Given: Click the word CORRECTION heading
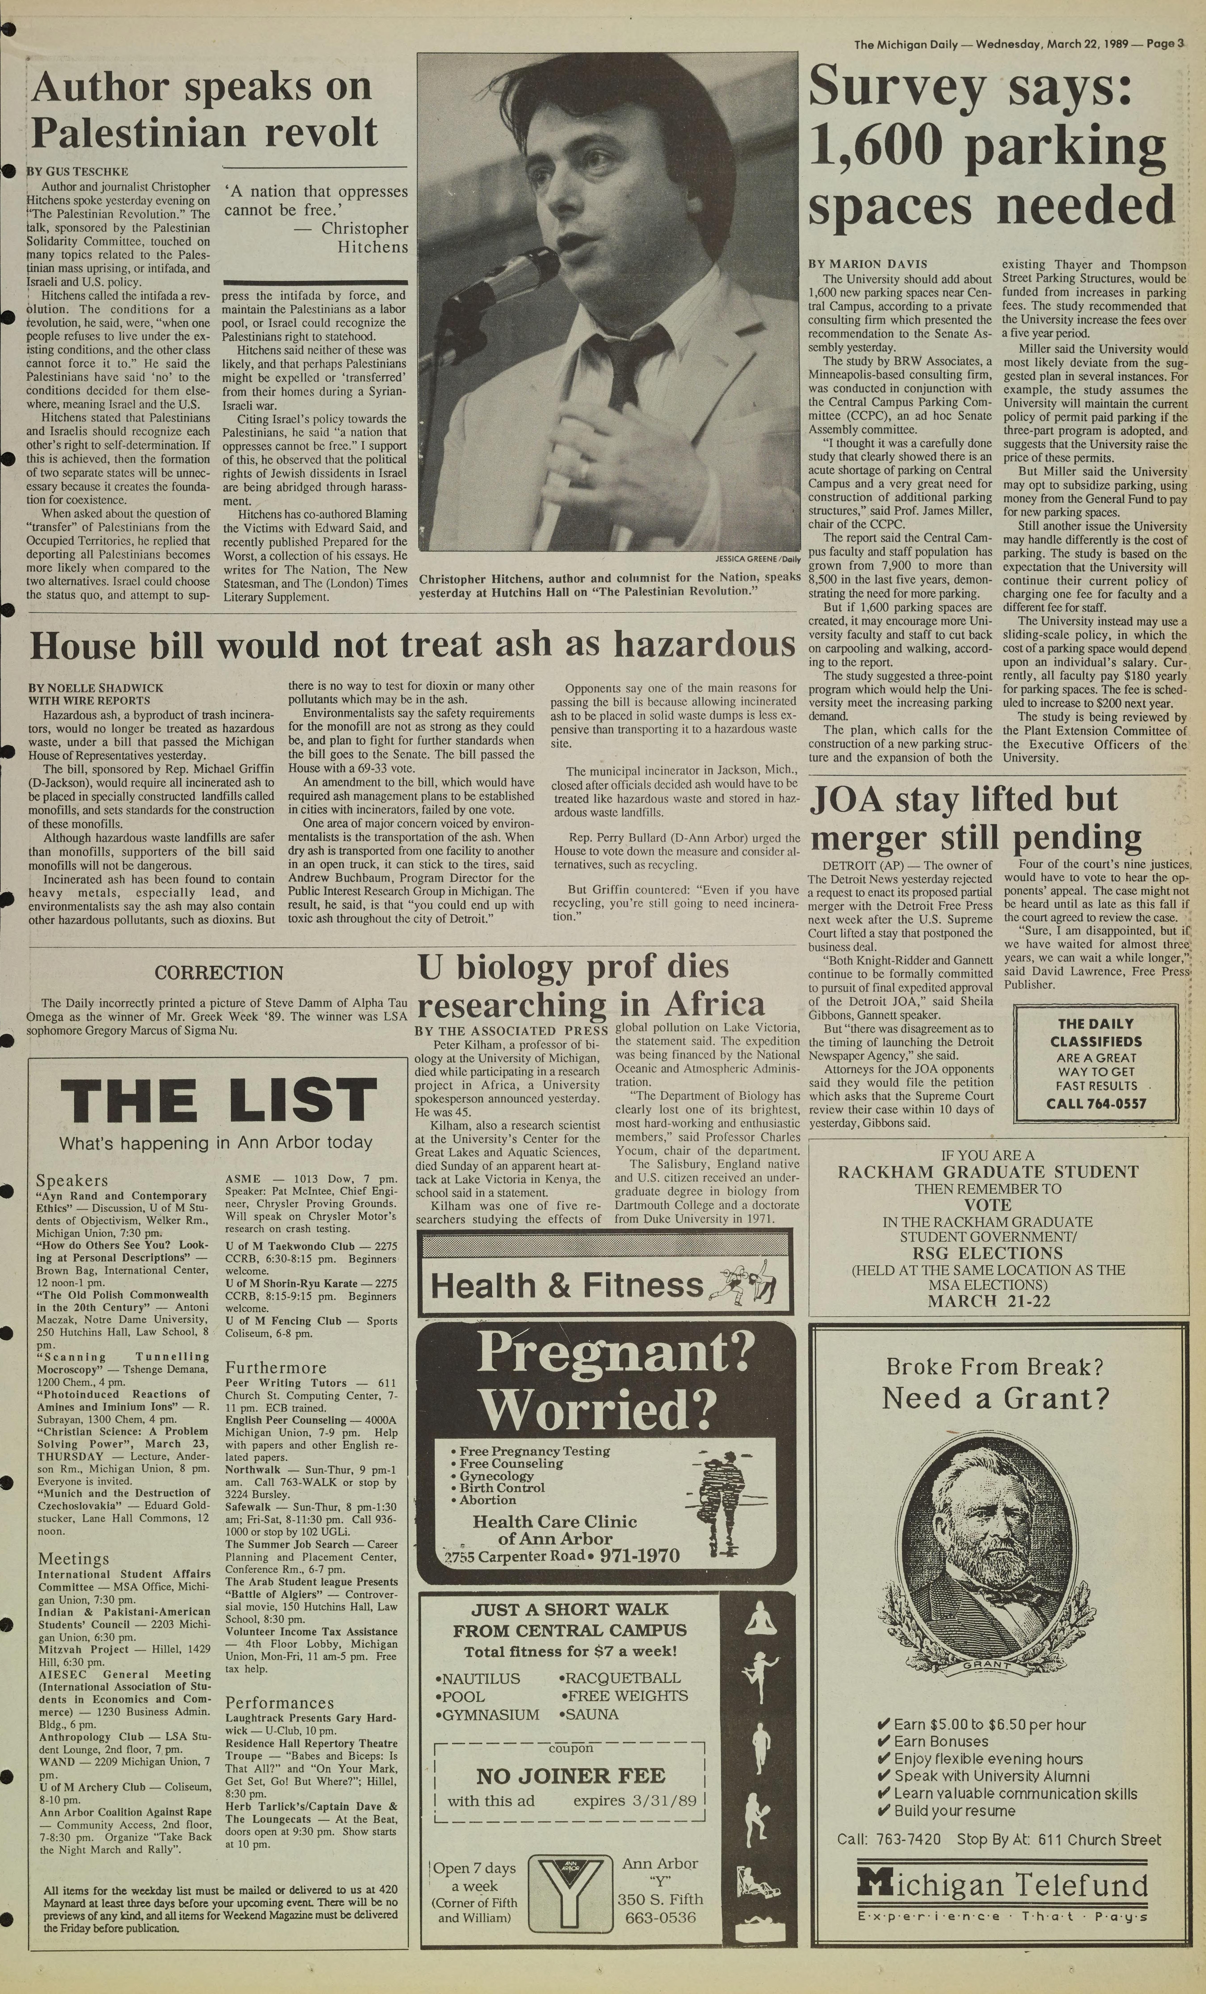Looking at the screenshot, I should pyautogui.click(x=218, y=973).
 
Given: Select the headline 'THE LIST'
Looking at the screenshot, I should pyautogui.click(x=218, y=1101).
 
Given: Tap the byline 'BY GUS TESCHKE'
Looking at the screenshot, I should pyautogui.click(x=78, y=172).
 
